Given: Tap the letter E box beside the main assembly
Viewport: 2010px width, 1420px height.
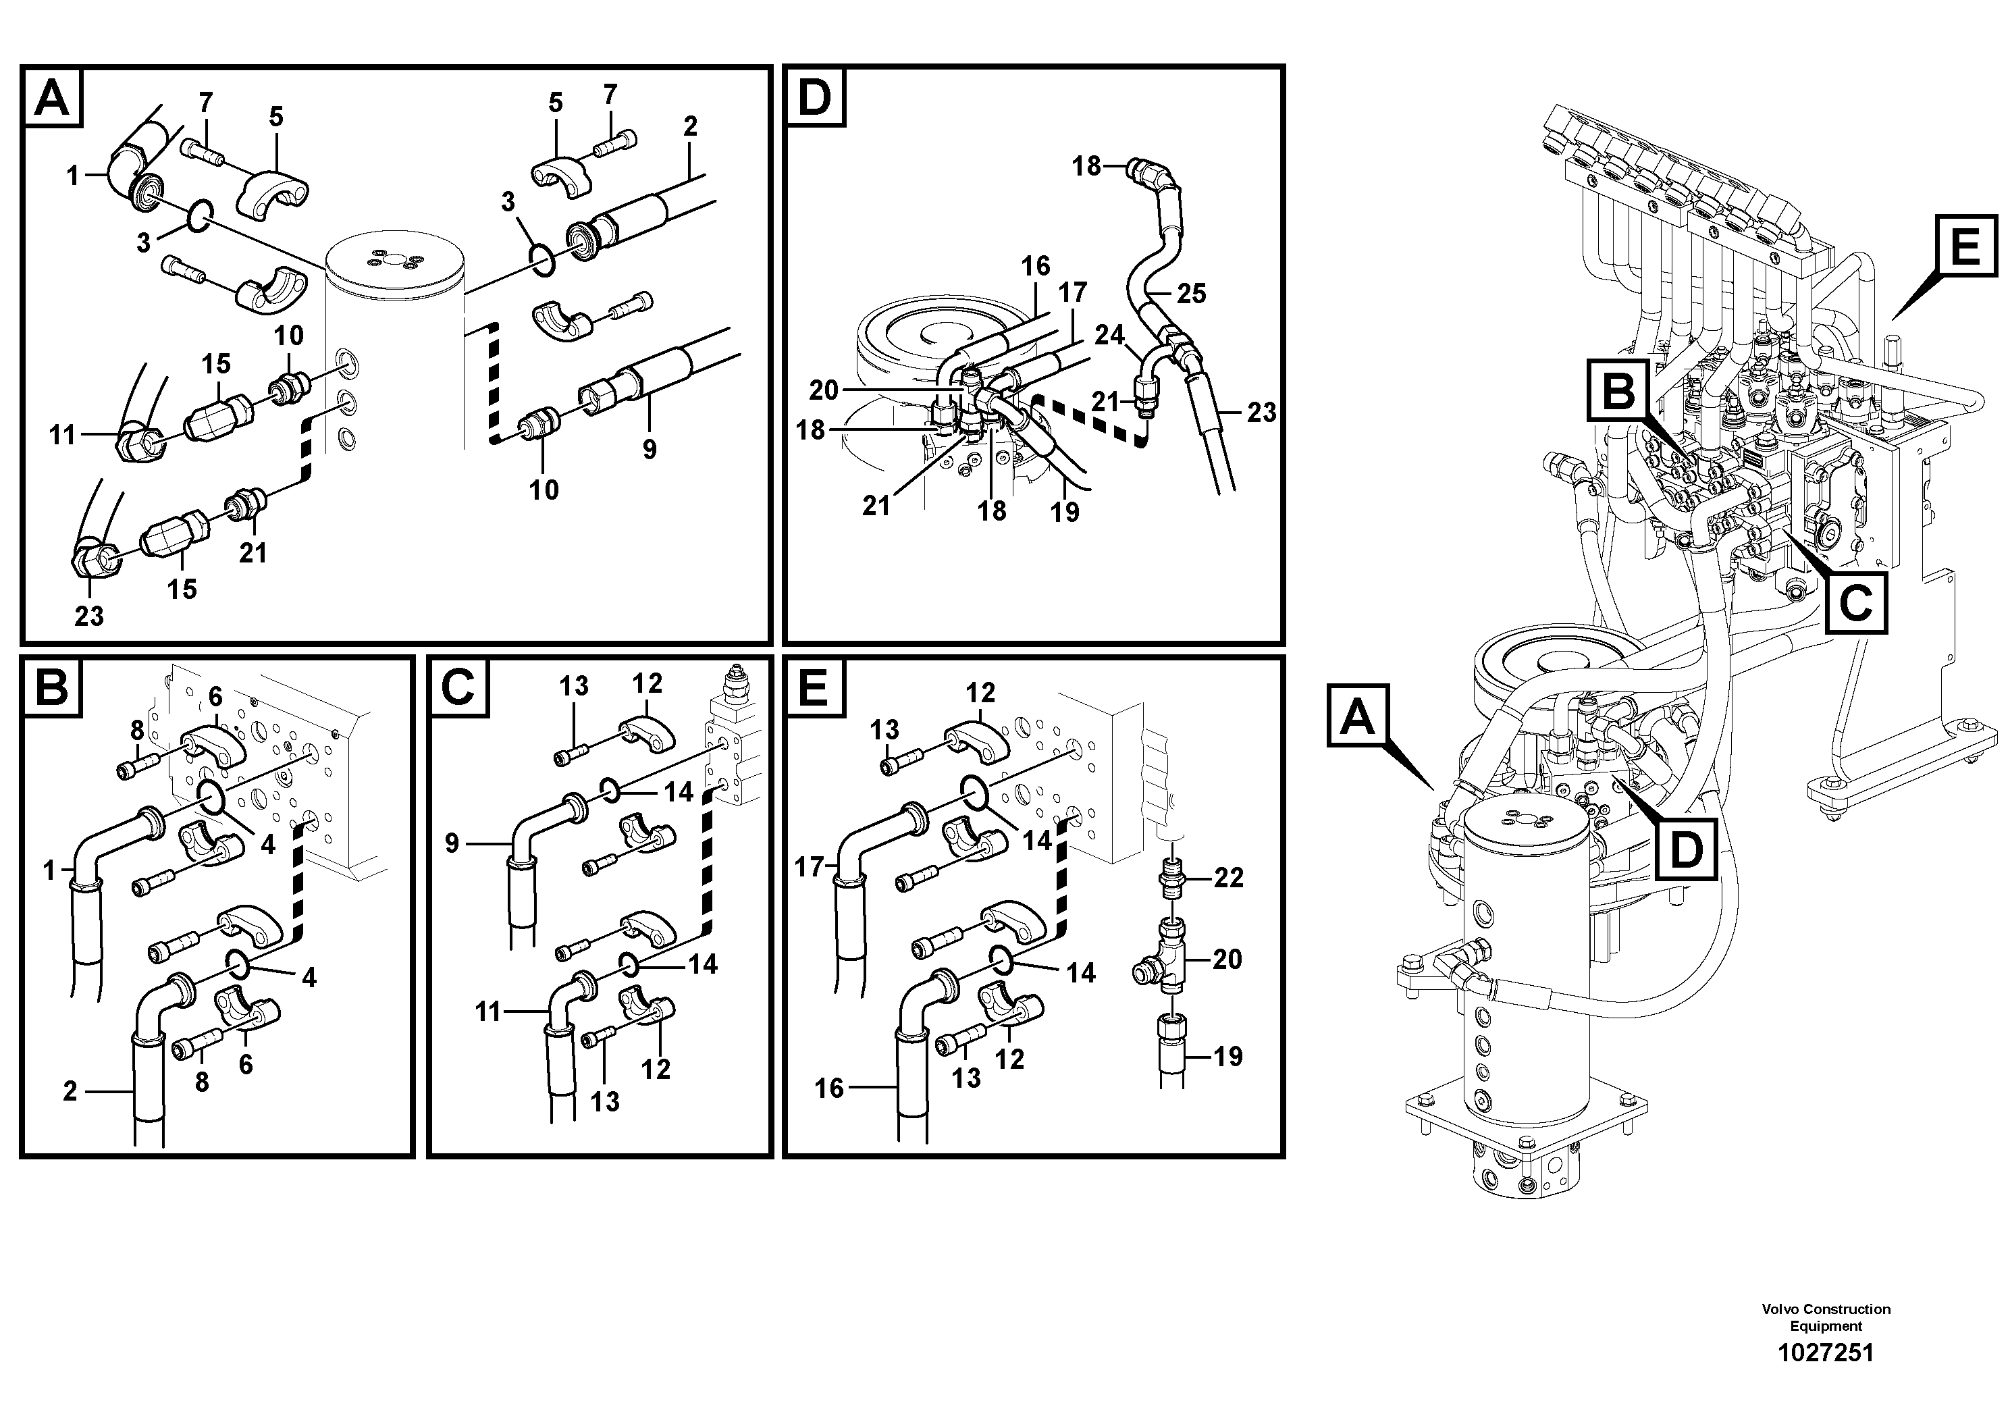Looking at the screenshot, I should point(1965,247).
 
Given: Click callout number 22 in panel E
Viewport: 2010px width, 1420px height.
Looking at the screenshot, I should point(1228,878).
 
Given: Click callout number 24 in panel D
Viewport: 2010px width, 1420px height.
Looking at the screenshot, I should point(1109,336).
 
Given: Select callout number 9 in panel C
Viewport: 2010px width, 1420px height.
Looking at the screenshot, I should point(452,844).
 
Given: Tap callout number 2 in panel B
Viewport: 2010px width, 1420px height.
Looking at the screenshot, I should point(70,1090).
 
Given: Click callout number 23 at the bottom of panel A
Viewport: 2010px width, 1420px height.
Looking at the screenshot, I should point(89,616).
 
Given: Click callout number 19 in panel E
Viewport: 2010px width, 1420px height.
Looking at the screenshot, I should point(1227,1057).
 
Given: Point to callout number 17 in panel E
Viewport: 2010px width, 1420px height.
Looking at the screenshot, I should point(810,867).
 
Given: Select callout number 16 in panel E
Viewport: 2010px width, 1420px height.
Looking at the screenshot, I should point(829,1088).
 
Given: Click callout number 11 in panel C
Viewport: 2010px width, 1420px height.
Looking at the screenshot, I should point(487,1012).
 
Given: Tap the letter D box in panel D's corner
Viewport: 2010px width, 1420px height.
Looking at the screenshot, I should point(814,97).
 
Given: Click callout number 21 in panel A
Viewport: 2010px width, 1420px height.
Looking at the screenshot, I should point(253,552).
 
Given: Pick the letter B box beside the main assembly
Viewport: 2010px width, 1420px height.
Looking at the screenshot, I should point(1618,392).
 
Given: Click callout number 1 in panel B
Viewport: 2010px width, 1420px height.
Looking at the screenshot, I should point(49,870).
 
